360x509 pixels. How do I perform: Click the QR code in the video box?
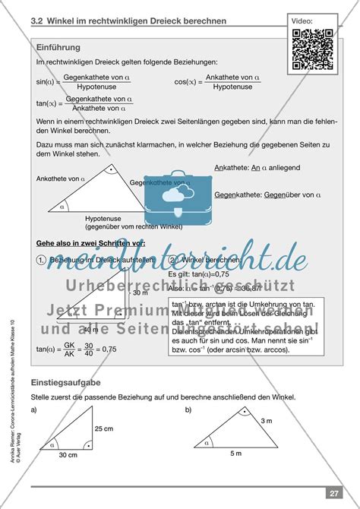tap(314, 49)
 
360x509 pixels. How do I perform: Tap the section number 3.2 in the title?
tap(39, 21)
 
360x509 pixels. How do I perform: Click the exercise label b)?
tap(189, 410)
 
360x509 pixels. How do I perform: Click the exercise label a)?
tap(34, 410)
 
